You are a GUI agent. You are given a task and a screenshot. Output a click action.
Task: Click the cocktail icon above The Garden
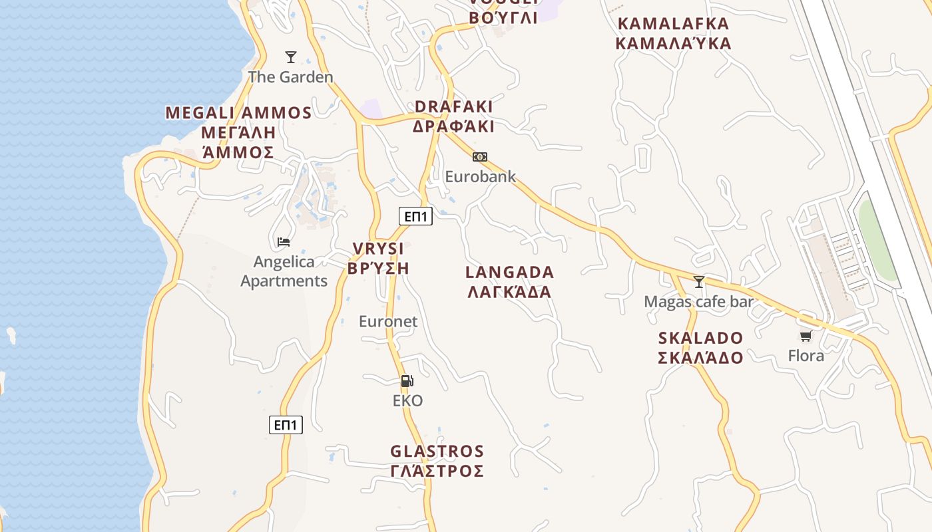(290, 57)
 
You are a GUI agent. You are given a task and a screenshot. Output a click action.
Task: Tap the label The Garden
(290, 77)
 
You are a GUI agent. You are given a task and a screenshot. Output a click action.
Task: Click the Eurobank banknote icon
(480, 157)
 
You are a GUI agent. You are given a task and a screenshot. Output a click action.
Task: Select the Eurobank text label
(480, 177)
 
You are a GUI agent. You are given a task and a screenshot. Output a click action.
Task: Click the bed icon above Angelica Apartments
(284, 242)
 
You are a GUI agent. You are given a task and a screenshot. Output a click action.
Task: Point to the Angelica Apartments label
(284, 271)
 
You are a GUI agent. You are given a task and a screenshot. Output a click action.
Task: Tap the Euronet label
(388, 322)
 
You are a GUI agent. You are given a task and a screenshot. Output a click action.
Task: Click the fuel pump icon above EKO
(407, 381)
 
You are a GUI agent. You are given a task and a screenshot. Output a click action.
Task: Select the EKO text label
(407, 401)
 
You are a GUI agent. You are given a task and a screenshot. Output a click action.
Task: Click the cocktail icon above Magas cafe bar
(698, 282)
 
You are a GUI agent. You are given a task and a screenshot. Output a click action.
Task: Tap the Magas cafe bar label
(698, 302)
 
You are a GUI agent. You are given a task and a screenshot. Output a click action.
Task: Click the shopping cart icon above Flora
(806, 336)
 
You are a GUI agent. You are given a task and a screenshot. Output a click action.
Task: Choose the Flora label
(806, 356)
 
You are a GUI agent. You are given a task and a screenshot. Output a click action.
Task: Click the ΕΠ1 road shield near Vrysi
(415, 216)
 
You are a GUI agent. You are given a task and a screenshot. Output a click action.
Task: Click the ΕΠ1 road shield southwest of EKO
(286, 425)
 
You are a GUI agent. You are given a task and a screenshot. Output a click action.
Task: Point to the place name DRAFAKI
(453, 107)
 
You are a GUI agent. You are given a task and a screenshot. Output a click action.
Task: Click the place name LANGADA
(509, 273)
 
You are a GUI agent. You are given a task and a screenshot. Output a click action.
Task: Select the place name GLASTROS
(437, 452)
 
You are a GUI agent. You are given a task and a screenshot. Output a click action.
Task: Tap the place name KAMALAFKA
(673, 24)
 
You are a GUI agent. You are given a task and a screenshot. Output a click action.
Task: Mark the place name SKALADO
(700, 338)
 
